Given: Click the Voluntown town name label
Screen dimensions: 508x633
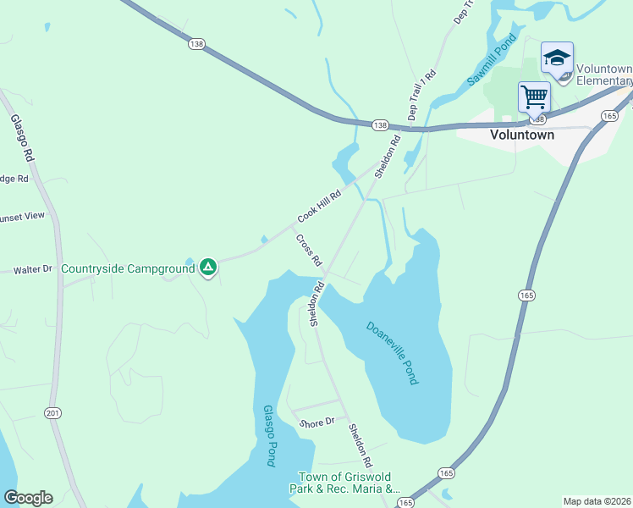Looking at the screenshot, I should (x=522, y=135).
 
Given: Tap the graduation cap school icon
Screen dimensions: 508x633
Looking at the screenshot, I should (x=557, y=58).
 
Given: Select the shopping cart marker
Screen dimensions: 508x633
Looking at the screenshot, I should (x=534, y=97).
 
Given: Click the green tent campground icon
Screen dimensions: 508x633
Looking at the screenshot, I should (x=208, y=268).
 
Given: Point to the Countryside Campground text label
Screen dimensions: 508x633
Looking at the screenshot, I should (x=128, y=269).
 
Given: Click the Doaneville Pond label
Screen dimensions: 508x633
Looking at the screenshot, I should (x=392, y=352).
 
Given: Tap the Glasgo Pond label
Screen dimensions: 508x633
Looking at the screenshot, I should (x=270, y=435).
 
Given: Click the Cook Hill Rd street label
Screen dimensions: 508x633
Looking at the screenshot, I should (x=318, y=207).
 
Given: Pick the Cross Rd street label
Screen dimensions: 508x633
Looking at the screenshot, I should (x=309, y=251).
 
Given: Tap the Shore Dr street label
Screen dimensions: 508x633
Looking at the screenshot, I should (x=317, y=422).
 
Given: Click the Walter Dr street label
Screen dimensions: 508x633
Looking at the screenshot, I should (x=32, y=270).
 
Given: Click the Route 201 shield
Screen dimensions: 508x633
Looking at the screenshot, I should (x=54, y=412).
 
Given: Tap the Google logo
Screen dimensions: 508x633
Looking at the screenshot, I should (x=28, y=498).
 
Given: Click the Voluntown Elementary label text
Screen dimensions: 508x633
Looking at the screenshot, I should (x=603, y=75).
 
